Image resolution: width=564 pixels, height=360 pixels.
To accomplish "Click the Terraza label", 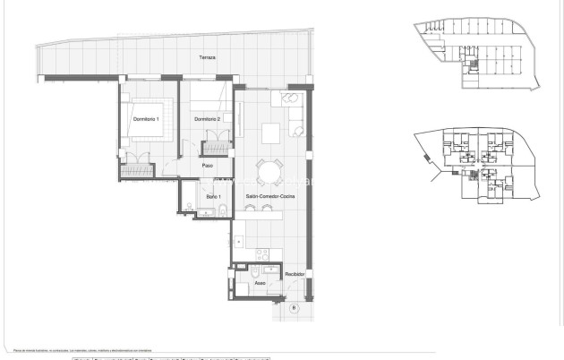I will (x=208, y=58).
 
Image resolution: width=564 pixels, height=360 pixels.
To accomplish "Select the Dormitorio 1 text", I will (x=146, y=119).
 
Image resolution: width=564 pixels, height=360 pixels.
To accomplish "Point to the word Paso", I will (x=207, y=166).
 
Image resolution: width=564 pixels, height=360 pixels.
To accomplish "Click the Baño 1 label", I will (x=213, y=196).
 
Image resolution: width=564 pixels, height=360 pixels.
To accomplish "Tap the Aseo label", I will (x=260, y=284).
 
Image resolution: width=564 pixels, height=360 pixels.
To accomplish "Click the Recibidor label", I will (x=295, y=274).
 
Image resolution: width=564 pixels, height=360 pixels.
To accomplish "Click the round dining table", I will (x=269, y=171).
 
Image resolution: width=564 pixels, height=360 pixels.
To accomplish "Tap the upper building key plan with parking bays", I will (x=479, y=56).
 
